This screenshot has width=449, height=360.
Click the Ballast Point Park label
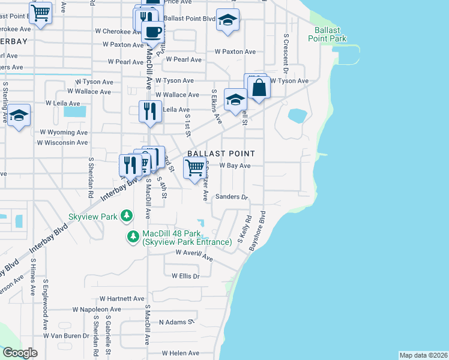[x=327, y=34]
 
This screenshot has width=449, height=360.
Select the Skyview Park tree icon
[x=126, y=214]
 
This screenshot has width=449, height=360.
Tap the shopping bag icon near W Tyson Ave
[x=261, y=88]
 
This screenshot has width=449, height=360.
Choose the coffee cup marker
[x=152, y=31]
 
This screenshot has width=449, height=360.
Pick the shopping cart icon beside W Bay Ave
[x=193, y=170]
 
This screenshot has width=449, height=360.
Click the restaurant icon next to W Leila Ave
[x=149, y=111]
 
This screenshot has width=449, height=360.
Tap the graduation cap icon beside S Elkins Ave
[x=235, y=99]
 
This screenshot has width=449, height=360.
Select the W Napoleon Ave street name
[x=97, y=310]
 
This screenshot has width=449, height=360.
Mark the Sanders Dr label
[x=231, y=197]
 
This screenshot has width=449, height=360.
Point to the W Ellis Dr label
[x=185, y=276]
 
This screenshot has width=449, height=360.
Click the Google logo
[x=20, y=353]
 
